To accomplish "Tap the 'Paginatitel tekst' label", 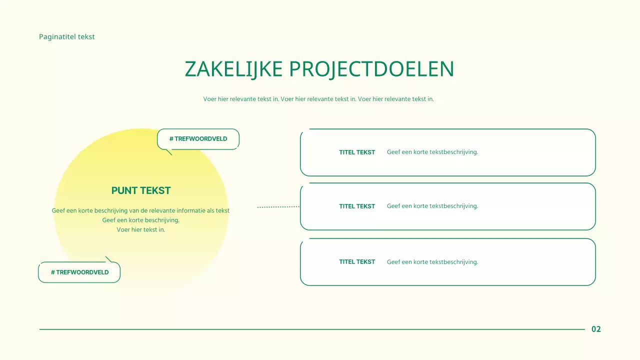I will click(x=67, y=36).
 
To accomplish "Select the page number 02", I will click(x=596, y=329).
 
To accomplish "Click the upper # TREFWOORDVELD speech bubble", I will click(x=198, y=138).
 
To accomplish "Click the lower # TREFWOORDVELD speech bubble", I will click(x=79, y=272).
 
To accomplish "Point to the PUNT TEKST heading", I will click(x=141, y=190).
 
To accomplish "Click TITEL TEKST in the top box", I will click(x=357, y=152).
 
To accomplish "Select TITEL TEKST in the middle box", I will click(x=357, y=206).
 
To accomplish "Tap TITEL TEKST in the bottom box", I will click(x=357, y=261).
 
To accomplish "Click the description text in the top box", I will click(x=432, y=152).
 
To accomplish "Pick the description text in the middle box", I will click(x=432, y=206).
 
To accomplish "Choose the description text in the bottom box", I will click(x=432, y=261).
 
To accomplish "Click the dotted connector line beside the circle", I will click(x=278, y=206).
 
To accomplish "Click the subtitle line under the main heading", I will click(x=318, y=99).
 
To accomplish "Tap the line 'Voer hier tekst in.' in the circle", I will click(x=141, y=229).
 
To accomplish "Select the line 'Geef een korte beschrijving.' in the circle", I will click(x=141, y=220).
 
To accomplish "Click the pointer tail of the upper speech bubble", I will click(x=169, y=152).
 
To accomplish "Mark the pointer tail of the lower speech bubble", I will click(x=108, y=259).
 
